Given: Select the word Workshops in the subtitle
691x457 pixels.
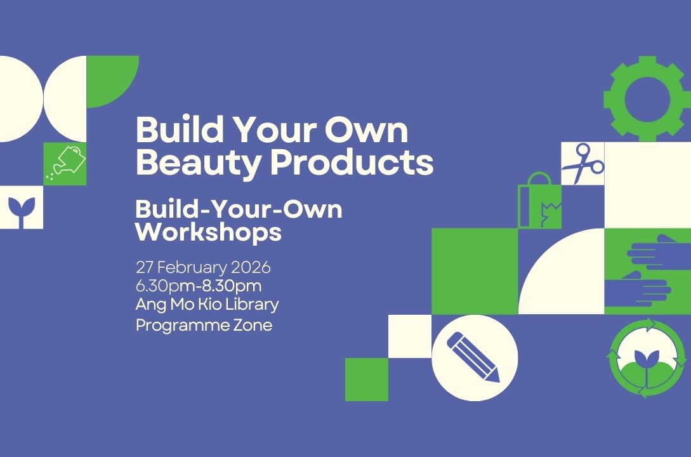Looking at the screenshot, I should tap(208, 232).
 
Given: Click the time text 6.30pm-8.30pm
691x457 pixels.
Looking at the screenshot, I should tap(198, 285).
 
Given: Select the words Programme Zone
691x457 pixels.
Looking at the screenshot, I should tap(204, 325).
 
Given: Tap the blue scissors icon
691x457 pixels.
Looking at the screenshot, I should tap(582, 163).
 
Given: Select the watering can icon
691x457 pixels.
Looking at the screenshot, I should tap(66, 162).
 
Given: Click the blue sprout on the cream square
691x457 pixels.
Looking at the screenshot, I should tap(21, 208).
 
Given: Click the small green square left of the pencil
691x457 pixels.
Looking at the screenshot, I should tap(366, 380).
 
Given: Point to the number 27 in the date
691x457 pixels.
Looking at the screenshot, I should tap(144, 266).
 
